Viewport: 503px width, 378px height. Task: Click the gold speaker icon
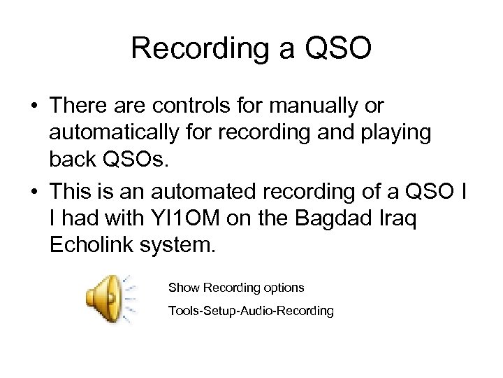click(105, 299)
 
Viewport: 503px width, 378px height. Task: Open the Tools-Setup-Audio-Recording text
click(251, 310)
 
